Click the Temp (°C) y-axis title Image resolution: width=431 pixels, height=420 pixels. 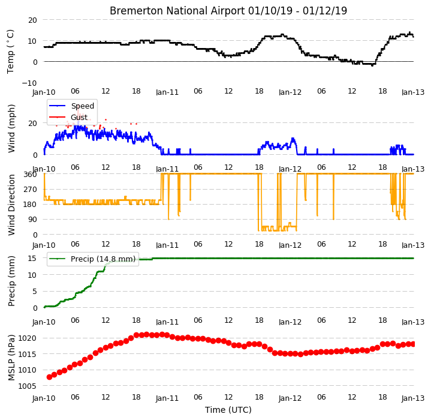tap(10, 52)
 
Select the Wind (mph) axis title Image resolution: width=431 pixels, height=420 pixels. tap(11, 128)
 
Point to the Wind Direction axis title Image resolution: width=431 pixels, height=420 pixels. tap(11, 205)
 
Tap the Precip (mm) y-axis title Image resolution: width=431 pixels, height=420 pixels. tap(11, 281)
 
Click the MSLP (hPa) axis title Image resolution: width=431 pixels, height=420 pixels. tap(11, 358)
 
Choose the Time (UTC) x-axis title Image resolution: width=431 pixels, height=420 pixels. tap(228, 410)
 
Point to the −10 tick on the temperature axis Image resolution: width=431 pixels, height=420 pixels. tap(29, 83)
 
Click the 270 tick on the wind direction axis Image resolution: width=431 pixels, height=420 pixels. tap(31, 190)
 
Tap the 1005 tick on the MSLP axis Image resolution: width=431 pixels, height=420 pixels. tap(27, 386)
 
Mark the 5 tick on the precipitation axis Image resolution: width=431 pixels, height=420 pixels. tap(34, 292)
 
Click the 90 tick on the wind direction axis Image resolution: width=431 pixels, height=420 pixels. tap(33, 220)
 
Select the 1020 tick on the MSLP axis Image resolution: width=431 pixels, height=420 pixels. tap(27, 338)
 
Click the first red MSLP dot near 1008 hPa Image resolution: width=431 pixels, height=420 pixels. tap(50, 377)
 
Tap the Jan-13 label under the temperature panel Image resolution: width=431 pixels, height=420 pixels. tap(413, 92)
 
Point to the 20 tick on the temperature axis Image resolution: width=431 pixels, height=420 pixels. tap(32, 20)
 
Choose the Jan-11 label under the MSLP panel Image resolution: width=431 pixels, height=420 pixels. tap(167, 398)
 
